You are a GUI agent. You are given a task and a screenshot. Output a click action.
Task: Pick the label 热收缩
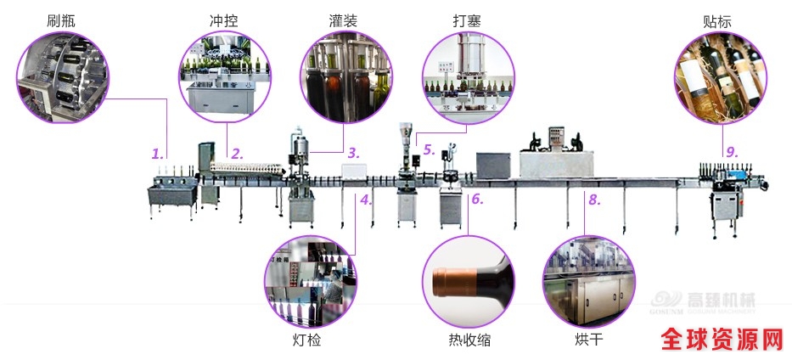coord(469,341)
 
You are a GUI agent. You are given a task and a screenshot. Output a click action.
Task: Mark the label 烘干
coord(588,341)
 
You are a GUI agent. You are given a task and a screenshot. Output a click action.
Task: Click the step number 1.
coord(156,154)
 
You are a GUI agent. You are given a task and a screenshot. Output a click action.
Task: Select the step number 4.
coord(365,200)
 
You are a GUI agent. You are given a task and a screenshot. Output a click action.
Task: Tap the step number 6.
coord(476,200)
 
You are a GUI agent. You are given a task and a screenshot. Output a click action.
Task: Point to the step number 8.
coord(594,200)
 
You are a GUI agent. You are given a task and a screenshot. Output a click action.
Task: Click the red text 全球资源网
coord(723,340)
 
